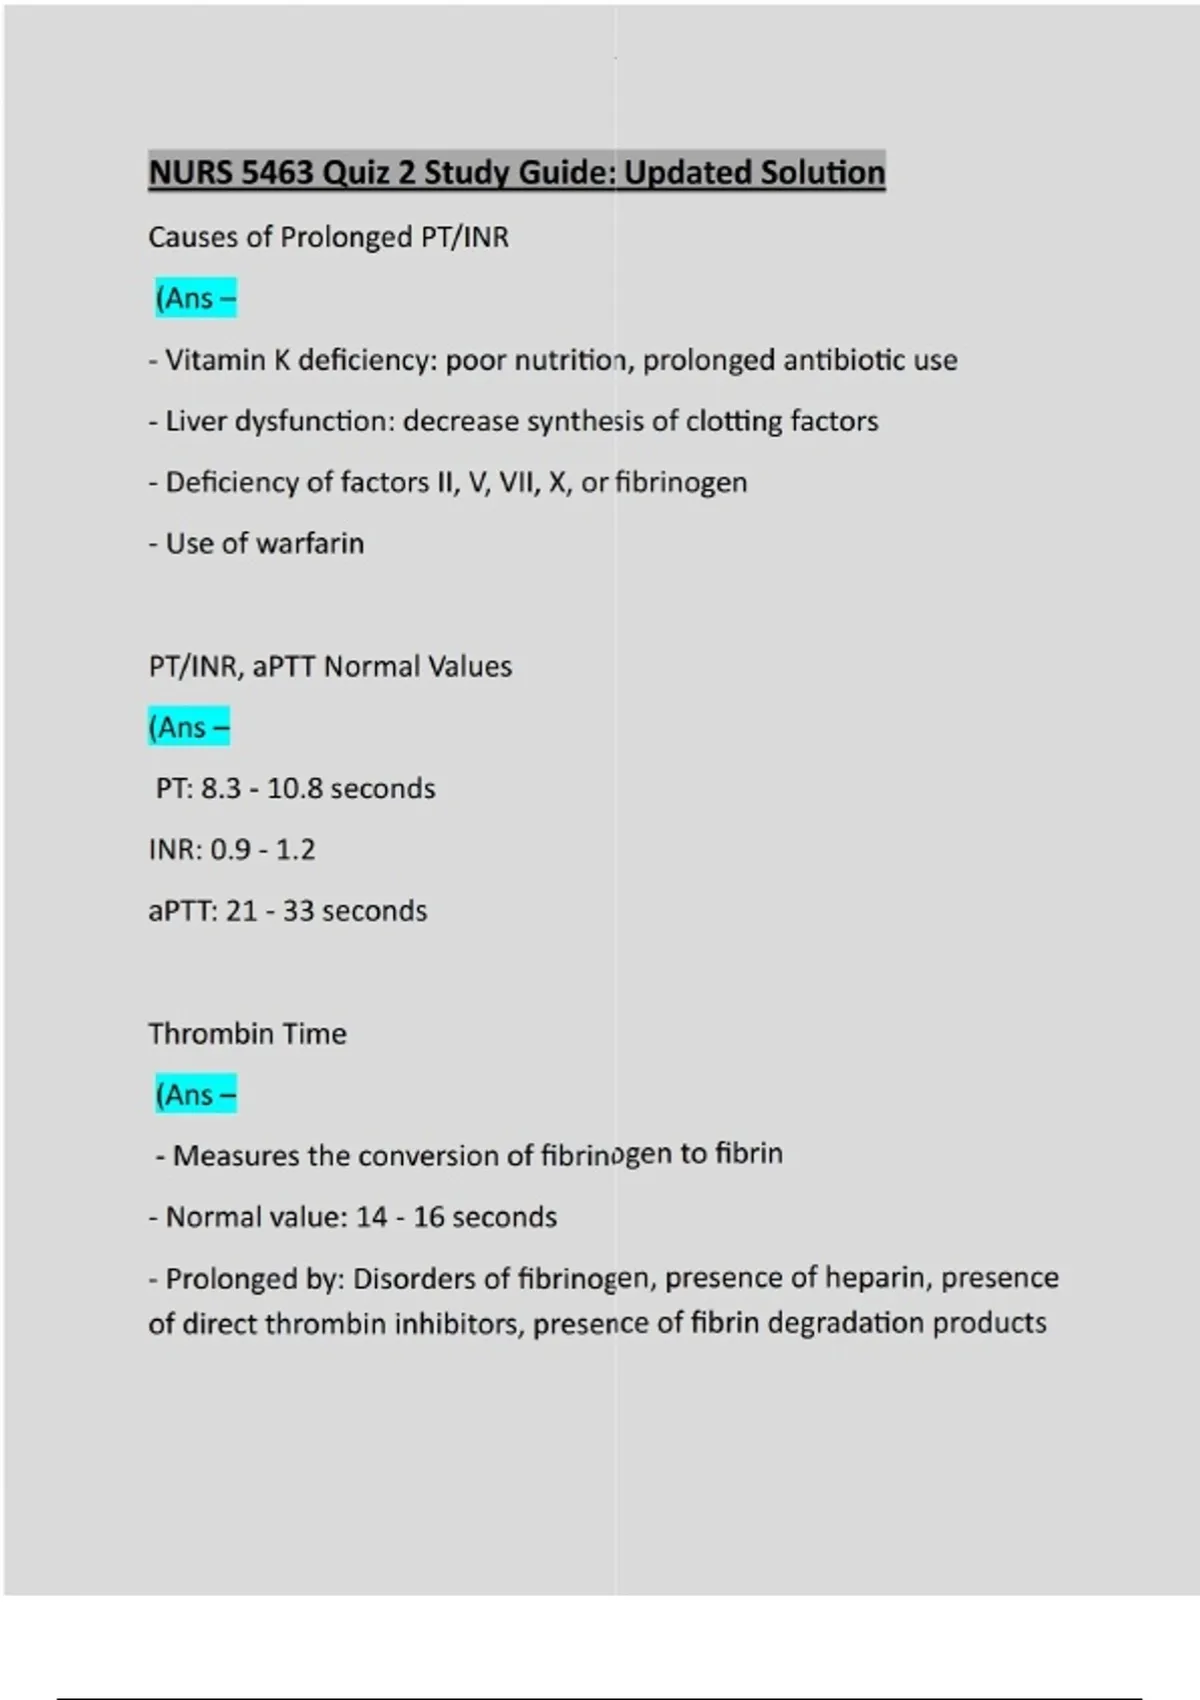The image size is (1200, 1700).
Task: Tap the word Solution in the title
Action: [x=822, y=173]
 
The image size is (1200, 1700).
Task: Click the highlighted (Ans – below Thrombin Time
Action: [x=196, y=1095]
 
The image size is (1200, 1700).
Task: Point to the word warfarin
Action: [x=310, y=543]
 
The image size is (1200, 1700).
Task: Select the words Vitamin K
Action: [x=227, y=360]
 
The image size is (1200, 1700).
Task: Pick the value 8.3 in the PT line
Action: [x=221, y=788]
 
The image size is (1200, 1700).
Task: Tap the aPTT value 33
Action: [x=298, y=911]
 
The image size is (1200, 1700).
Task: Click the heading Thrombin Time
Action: [x=247, y=1033]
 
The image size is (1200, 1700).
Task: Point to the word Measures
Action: [x=236, y=1156]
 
